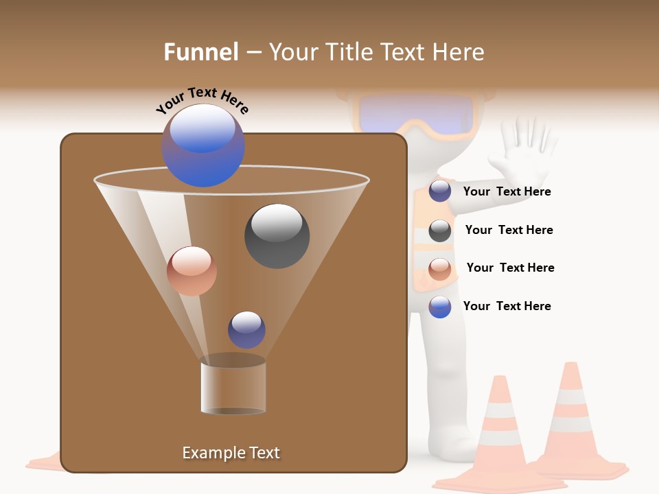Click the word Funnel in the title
200,52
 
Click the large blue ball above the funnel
203,145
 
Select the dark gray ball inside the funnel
277,235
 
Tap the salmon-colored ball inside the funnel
192,270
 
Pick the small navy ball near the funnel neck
246,329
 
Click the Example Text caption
231,453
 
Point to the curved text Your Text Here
202,101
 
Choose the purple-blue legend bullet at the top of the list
440,191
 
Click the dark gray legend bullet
440,231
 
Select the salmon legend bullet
440,269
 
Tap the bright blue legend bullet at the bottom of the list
440,307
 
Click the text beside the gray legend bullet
509,230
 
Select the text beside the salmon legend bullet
510,268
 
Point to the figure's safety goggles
417,114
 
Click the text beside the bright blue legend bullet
507,306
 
